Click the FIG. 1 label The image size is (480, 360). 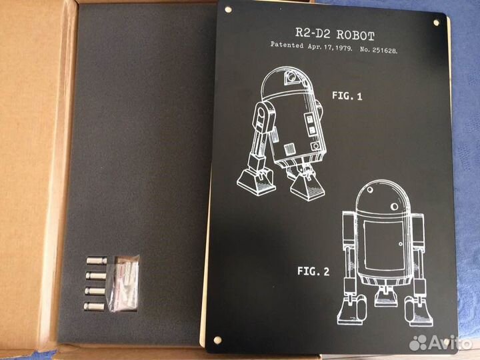347,96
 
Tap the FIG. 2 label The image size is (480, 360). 313,271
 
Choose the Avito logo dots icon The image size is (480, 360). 419,342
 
